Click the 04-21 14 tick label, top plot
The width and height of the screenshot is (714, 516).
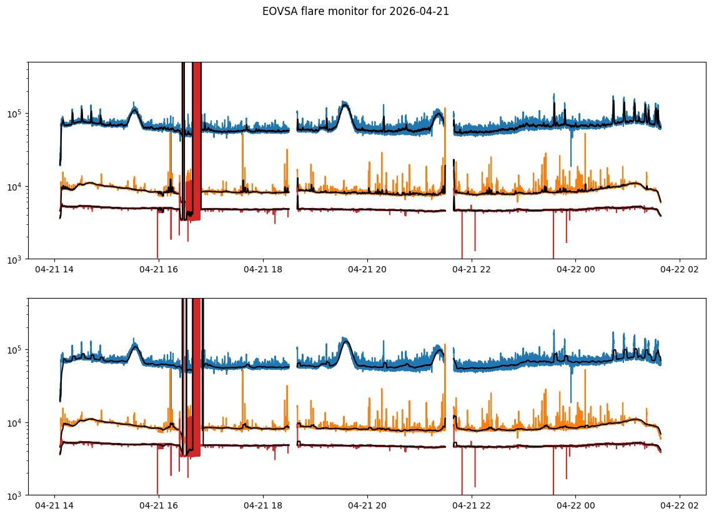[x=54, y=269]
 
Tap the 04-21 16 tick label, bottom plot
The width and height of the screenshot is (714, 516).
[x=159, y=505]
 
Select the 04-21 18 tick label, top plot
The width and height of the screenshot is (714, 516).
[x=263, y=269]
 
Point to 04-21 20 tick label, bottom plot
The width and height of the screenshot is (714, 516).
[x=367, y=505]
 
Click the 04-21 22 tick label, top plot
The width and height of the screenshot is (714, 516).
[x=471, y=269]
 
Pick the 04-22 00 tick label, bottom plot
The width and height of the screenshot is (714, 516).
[x=575, y=505]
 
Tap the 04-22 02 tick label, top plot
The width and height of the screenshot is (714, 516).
[x=680, y=269]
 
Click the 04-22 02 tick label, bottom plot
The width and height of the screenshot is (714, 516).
[x=680, y=505]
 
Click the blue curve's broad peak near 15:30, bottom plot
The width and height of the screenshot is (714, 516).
[x=135, y=347]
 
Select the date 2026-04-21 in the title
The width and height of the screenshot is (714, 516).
[x=419, y=11]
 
